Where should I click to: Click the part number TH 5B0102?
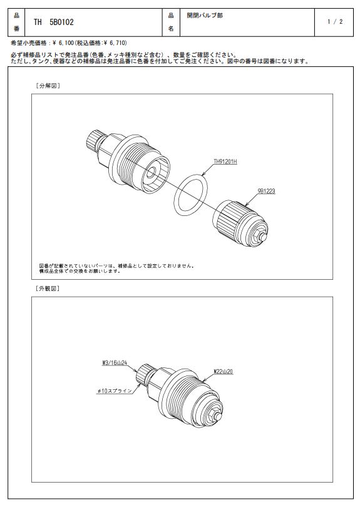54,22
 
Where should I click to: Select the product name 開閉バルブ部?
205,15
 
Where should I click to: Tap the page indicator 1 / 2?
335,22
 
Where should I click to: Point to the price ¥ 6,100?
63,43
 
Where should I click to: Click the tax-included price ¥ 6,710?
115,43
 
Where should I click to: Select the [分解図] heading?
48,86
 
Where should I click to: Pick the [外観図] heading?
48,289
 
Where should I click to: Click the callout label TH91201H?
225,161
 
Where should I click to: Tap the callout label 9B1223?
266,191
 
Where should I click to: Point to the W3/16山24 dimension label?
114,363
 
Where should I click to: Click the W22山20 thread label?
223,372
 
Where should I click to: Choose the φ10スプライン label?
115,391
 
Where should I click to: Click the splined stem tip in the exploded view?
93,140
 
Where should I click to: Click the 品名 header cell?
171,22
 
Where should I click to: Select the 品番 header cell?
16,22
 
